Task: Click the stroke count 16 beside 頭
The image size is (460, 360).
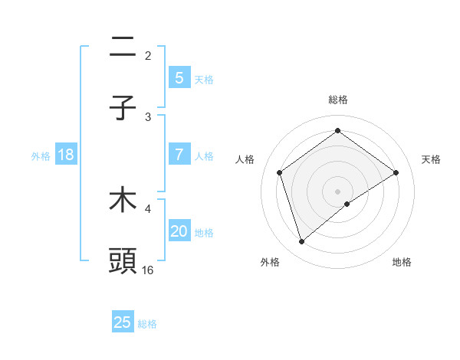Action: point(148,270)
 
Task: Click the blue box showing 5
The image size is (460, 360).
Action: point(179,77)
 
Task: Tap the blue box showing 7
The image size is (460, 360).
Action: point(179,155)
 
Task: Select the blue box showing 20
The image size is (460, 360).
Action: point(179,231)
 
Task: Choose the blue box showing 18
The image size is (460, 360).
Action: point(66,155)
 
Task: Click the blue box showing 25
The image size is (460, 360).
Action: point(123,322)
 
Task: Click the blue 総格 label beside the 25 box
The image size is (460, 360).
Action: point(147,324)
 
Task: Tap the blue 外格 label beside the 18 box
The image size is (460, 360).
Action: point(41,155)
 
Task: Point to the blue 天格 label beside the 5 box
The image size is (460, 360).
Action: point(204,79)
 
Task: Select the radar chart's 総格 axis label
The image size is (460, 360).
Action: point(337,100)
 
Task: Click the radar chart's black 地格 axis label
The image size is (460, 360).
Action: point(402,262)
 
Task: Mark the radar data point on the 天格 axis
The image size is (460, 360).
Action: point(396,172)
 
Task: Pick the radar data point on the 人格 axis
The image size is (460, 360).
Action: point(280,172)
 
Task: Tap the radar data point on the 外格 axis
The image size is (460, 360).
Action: point(301,242)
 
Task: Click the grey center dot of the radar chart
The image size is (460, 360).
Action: point(337,191)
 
